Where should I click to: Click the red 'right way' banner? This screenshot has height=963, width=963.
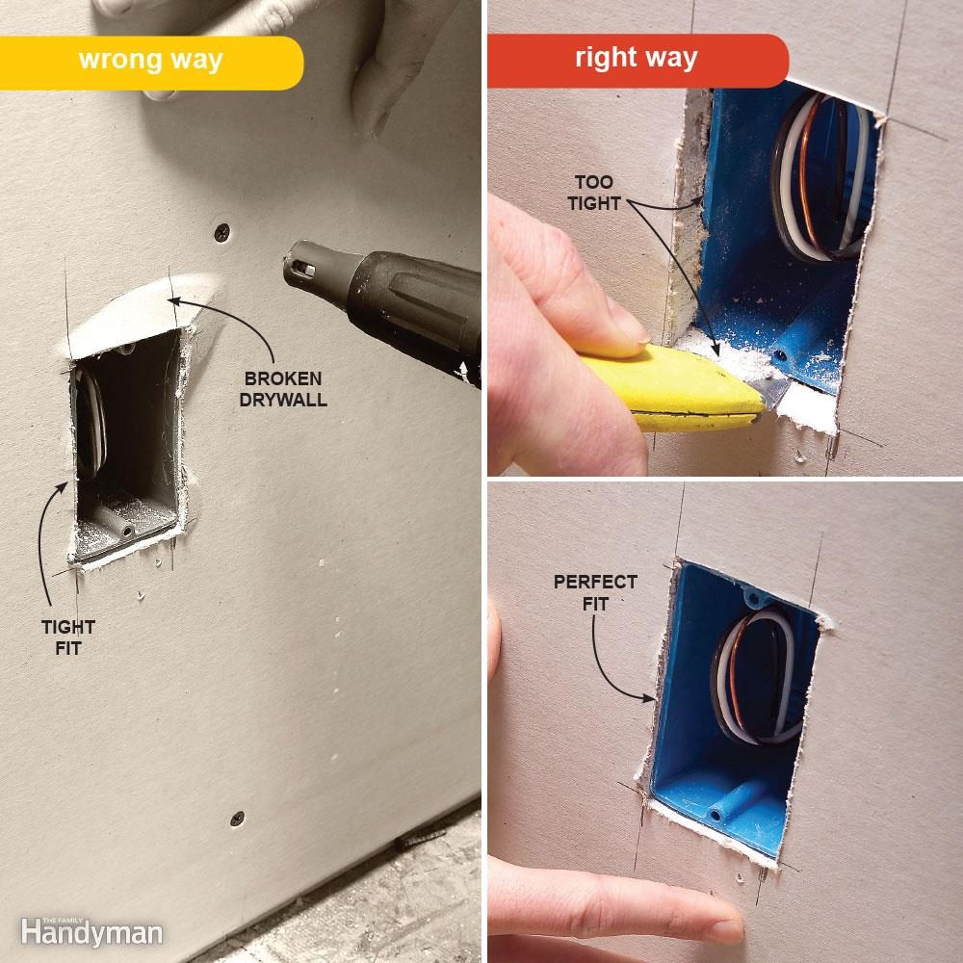point(636,58)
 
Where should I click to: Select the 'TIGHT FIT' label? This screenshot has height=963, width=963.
point(67,638)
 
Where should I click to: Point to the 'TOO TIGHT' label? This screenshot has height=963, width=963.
point(593,192)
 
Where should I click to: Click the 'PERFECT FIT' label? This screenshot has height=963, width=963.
point(594,591)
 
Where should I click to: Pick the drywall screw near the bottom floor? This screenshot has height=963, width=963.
point(237,819)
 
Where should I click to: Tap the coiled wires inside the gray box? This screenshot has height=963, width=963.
point(88,424)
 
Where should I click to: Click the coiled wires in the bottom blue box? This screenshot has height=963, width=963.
point(757,679)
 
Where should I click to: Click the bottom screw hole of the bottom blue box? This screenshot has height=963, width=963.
point(717,815)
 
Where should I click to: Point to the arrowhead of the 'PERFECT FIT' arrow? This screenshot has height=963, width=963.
point(654,696)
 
